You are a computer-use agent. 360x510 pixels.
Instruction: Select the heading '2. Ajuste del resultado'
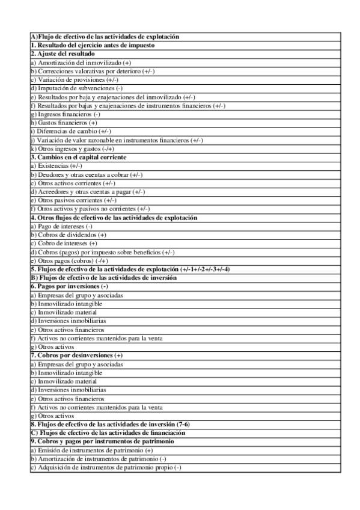(x=63, y=54)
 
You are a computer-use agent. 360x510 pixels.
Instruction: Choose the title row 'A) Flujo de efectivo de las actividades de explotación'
(x=105, y=37)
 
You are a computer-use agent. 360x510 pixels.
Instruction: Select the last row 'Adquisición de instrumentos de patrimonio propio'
(x=108, y=467)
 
